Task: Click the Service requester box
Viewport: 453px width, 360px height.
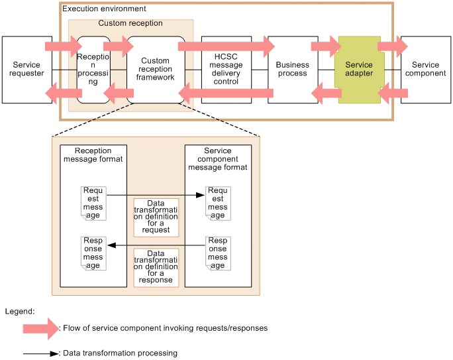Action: tap(27, 70)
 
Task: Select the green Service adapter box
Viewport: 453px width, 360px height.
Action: tap(359, 70)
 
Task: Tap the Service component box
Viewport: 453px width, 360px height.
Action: tap(426, 70)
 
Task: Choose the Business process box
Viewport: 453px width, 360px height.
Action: tap(293, 70)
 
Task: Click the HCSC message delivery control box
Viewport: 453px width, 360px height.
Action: tap(226, 70)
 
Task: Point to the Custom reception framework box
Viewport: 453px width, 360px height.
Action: tap(156, 70)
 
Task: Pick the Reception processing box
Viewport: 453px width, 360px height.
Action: tap(93, 70)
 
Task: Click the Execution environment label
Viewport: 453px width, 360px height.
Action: tap(104, 9)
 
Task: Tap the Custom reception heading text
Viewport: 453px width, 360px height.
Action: tap(130, 23)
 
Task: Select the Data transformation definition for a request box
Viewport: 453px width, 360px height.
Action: tap(156, 217)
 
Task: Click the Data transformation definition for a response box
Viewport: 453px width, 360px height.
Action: tap(156, 267)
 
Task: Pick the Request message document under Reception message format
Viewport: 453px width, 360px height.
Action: tap(93, 204)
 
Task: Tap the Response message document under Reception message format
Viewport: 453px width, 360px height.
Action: tap(93, 253)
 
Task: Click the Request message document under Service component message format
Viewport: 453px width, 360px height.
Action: tap(218, 204)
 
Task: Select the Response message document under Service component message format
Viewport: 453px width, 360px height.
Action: tap(218, 253)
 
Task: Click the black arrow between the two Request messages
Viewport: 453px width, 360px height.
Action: tap(156, 195)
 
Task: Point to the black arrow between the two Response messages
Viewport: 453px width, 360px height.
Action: tap(156, 245)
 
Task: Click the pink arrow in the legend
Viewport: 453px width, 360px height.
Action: tap(41, 329)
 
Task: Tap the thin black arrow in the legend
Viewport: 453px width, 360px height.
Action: tap(41, 353)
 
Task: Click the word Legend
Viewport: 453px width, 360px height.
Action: tap(20, 312)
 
